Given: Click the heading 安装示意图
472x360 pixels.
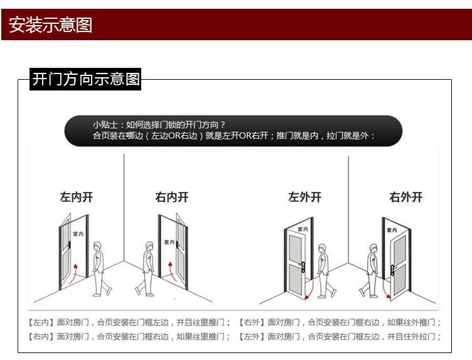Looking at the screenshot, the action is click(x=50, y=25).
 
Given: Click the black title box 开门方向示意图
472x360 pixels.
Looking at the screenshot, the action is click(x=85, y=79).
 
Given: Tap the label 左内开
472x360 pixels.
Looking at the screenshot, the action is click(x=77, y=197).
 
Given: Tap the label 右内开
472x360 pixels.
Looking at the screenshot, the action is click(x=172, y=197).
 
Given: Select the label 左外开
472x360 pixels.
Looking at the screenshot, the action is click(x=304, y=197).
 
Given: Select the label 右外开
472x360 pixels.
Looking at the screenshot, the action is click(x=405, y=197).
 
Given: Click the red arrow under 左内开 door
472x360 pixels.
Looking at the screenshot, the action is click(x=73, y=273).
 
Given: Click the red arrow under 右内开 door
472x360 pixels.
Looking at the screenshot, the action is click(x=172, y=271).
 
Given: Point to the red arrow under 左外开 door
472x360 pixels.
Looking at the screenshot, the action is click(x=311, y=290).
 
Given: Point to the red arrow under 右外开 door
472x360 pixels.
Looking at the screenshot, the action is click(x=385, y=290).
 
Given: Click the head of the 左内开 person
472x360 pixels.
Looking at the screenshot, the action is click(x=97, y=246).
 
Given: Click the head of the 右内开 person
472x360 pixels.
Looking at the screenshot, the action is click(x=149, y=246).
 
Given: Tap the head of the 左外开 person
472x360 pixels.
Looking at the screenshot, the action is click(x=322, y=249).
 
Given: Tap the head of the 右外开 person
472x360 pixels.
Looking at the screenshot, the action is click(x=373, y=249).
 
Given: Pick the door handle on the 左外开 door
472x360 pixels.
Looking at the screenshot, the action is click(x=303, y=266).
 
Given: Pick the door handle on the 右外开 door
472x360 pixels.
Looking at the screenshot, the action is click(x=393, y=270).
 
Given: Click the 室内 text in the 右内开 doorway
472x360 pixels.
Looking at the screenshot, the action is click(x=169, y=242).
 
